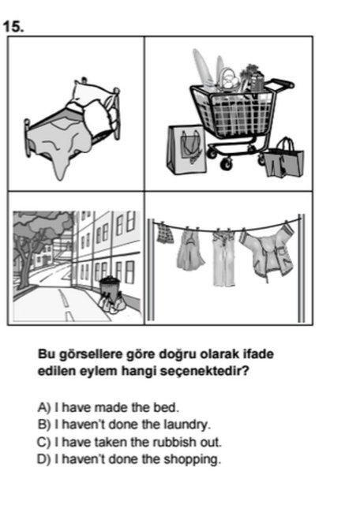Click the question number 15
tap(13, 26)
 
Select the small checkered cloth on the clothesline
tap(164, 232)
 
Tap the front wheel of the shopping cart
tap(227, 163)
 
